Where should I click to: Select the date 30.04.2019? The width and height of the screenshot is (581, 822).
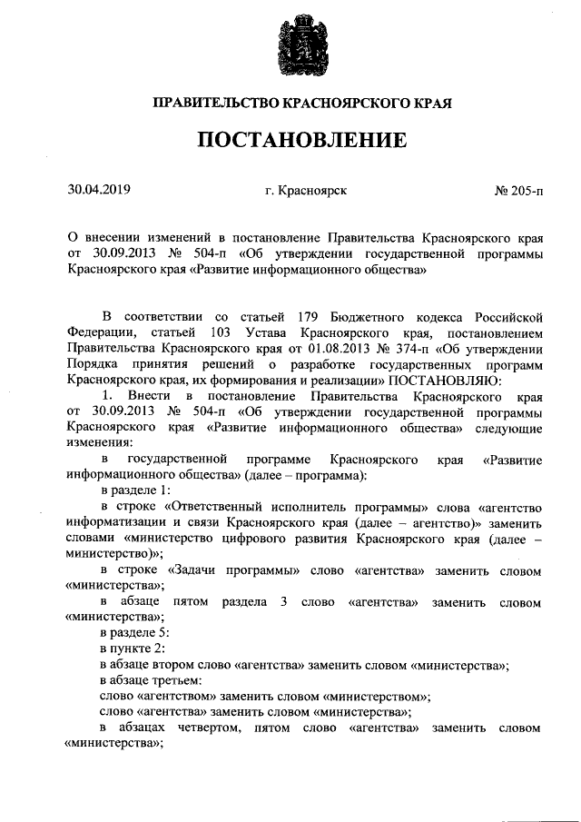click(100, 191)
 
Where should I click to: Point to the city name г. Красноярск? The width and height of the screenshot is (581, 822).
click(305, 192)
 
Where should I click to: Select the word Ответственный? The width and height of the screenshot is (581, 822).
click(208, 508)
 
